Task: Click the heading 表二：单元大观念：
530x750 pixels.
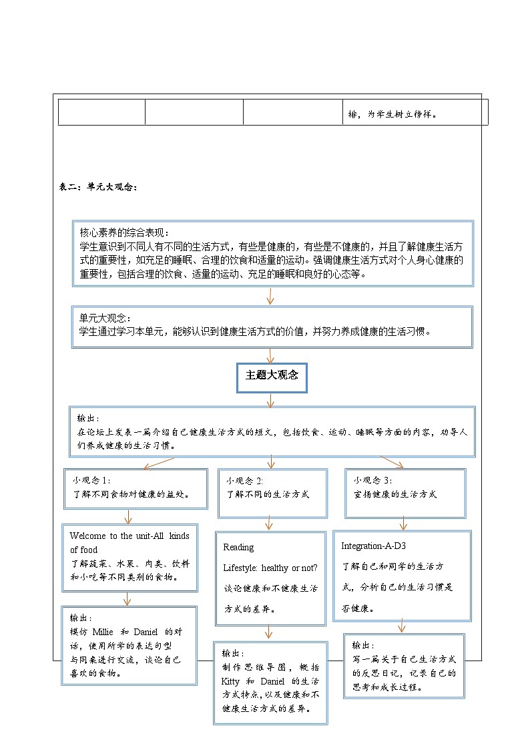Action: click(99, 188)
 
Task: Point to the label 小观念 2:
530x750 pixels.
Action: click(245, 481)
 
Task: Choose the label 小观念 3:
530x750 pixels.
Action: click(373, 481)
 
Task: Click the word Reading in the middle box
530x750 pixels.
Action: click(238, 547)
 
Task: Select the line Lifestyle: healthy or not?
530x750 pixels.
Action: click(270, 568)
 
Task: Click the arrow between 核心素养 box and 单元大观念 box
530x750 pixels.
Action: click(270, 296)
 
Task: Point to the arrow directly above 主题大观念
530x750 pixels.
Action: click(270, 355)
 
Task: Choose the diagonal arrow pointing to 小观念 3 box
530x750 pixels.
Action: click(392, 461)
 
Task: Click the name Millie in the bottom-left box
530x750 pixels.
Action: click(103, 632)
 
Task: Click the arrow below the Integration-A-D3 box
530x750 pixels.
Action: click(401, 626)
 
